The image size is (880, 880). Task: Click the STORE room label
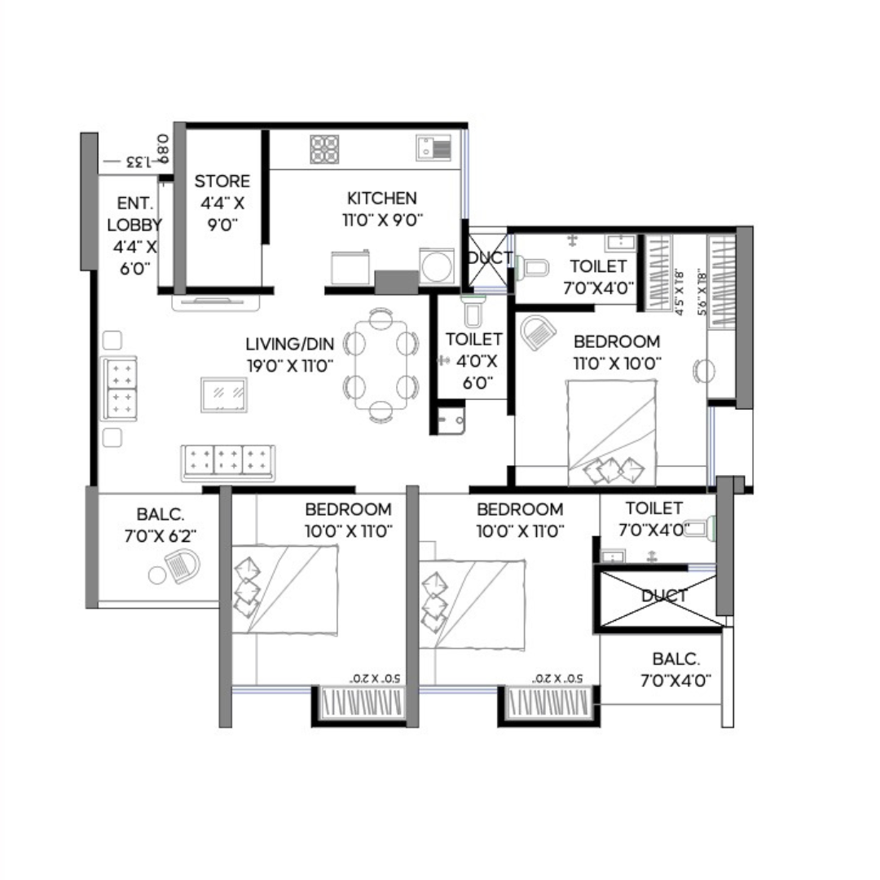point(222,181)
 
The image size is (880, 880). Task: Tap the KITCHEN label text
point(382,198)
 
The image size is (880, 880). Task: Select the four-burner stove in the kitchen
point(324,149)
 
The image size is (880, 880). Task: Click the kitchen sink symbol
point(433,147)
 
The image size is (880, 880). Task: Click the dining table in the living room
point(381,365)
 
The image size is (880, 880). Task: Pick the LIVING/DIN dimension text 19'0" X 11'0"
point(290,366)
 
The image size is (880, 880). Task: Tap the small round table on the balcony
point(158,576)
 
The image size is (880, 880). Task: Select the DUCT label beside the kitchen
point(489,258)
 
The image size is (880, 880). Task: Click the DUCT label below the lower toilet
point(663,596)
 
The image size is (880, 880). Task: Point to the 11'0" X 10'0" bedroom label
point(616,363)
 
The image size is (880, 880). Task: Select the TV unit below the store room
point(216,302)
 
